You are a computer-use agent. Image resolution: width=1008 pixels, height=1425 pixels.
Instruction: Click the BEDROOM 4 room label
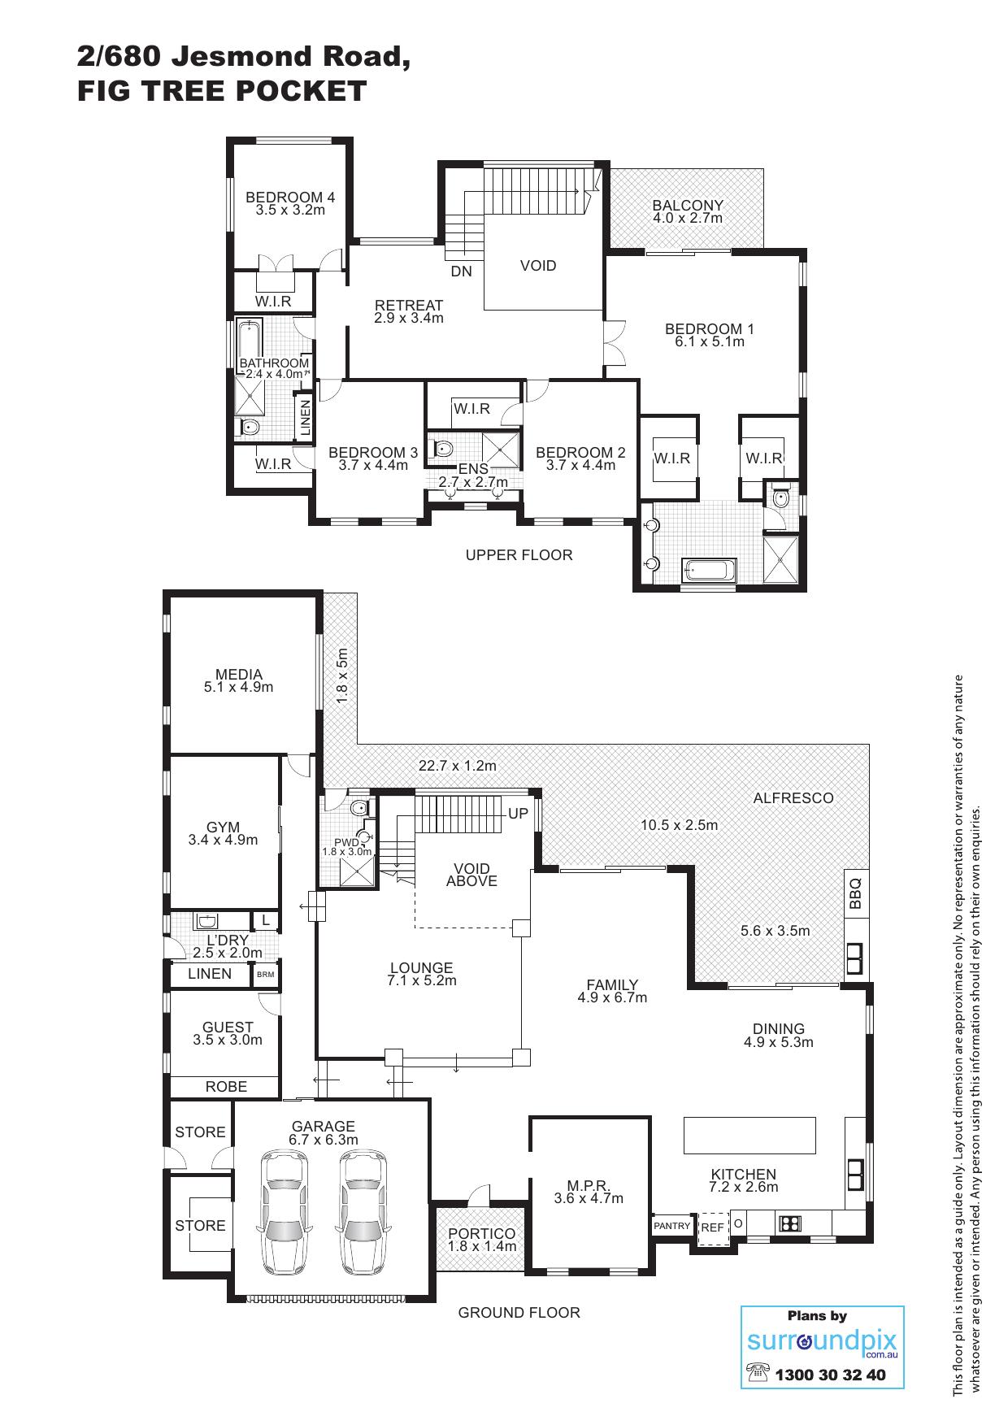coord(290,197)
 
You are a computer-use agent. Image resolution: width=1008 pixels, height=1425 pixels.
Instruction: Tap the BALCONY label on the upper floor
coord(688,205)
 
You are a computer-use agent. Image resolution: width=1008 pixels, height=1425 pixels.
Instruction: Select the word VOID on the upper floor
coord(538,266)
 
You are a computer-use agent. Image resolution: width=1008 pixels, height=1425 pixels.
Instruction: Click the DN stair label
coord(461,272)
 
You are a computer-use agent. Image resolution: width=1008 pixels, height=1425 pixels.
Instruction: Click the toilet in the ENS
coord(443,448)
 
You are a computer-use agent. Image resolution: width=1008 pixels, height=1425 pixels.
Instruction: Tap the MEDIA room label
coord(239,674)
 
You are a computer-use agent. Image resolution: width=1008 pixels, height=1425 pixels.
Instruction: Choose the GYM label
coord(223,828)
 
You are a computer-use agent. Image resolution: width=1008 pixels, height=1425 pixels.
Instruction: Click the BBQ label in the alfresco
coord(854,893)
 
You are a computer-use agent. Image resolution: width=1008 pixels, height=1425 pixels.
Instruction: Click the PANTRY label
coord(672,1226)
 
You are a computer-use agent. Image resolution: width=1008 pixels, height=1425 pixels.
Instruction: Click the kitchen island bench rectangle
coord(749,1135)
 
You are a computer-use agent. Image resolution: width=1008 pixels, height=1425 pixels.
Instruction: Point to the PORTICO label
coord(482,1234)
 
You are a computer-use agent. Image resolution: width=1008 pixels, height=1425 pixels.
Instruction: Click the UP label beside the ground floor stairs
coord(518,814)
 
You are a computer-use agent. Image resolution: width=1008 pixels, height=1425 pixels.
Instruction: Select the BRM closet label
coord(265,974)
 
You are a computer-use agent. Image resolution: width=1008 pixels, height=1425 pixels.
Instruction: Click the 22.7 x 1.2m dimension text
coord(458,766)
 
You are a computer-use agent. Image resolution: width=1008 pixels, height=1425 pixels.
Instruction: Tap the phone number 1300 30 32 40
coord(830,1375)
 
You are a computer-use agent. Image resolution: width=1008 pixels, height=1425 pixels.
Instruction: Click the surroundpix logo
coord(822,1342)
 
